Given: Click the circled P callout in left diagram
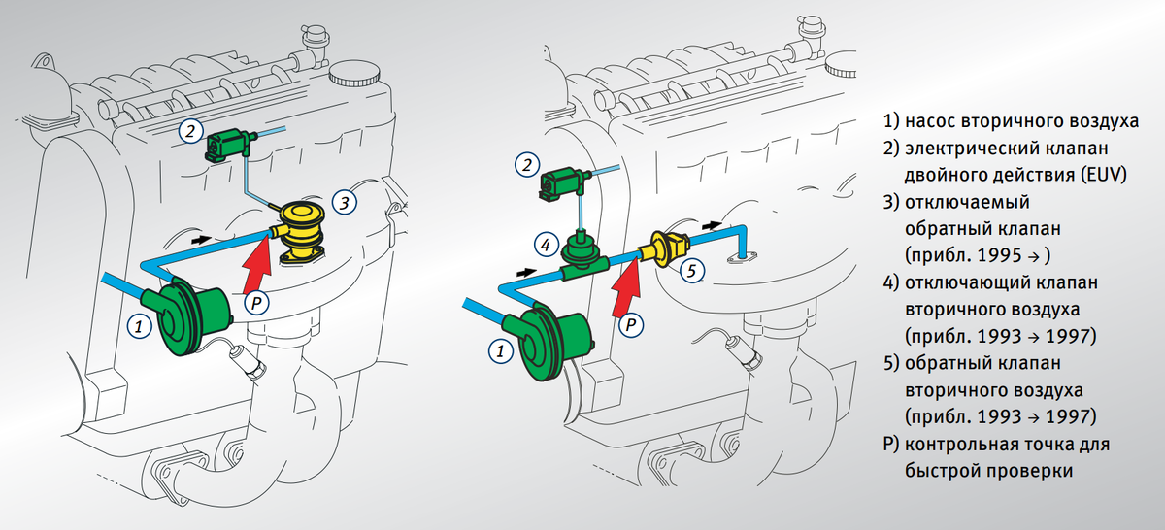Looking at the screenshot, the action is [x=256, y=303].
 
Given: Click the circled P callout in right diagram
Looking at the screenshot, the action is [x=631, y=325].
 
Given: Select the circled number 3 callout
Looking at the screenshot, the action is [x=344, y=202].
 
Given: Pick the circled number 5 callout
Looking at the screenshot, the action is [x=691, y=271].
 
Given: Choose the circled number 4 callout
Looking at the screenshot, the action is [x=546, y=245].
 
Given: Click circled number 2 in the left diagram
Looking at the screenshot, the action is [x=190, y=130].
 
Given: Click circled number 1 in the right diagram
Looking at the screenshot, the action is [x=501, y=350].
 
